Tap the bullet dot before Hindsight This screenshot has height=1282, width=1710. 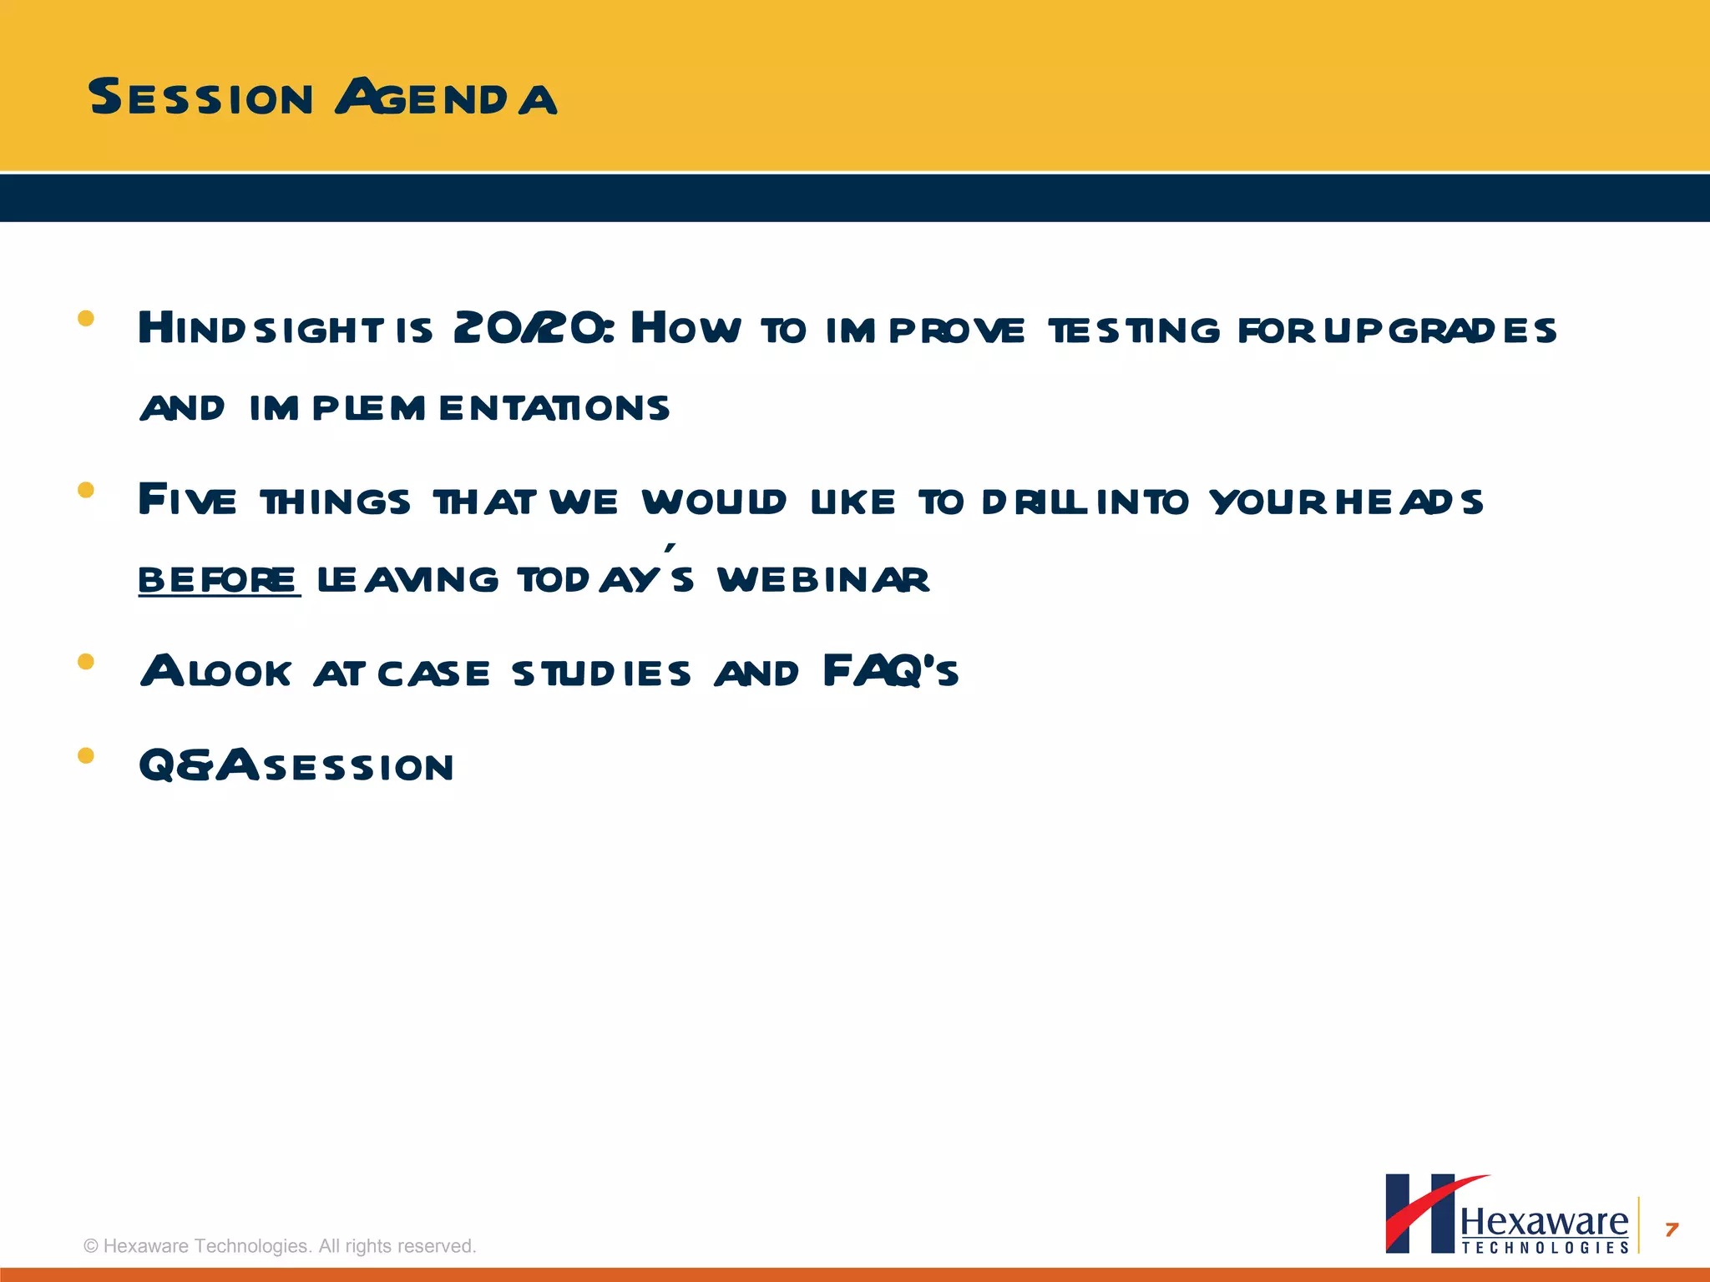click(x=85, y=318)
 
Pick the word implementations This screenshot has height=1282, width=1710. click(x=459, y=408)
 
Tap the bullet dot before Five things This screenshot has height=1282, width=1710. click(x=85, y=490)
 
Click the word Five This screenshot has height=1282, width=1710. click(x=188, y=500)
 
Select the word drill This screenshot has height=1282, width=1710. click(x=1035, y=502)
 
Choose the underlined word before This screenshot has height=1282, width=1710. click(x=218, y=579)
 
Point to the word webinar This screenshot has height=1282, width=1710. click(x=822, y=579)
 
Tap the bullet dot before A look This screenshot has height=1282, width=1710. click(x=85, y=662)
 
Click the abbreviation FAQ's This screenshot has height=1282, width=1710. click(x=890, y=672)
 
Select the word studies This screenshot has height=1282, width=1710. click(x=601, y=674)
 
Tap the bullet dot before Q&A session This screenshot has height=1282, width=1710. click(x=85, y=756)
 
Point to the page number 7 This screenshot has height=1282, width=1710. click(x=1672, y=1229)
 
